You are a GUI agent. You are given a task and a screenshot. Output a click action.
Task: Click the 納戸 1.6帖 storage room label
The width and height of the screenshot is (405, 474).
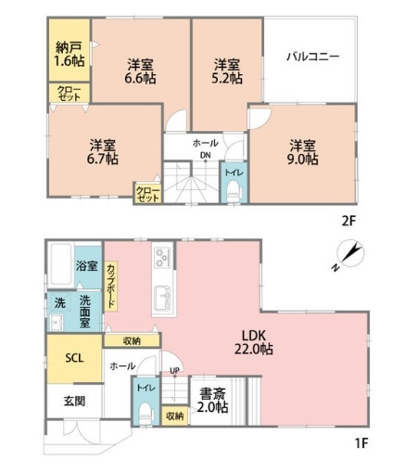coord(70,54)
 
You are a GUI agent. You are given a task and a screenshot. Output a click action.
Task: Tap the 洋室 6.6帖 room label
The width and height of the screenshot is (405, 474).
coord(140,71)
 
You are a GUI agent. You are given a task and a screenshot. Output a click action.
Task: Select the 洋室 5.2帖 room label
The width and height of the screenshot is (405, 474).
coord(226,71)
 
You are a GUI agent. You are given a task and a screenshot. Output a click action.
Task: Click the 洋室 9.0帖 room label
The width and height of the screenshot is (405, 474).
coord(303,152)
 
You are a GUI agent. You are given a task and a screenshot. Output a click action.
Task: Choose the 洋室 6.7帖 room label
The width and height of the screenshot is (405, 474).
coord(103,152)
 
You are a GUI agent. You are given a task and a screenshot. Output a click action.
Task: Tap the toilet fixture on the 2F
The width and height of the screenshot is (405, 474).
coord(234,191)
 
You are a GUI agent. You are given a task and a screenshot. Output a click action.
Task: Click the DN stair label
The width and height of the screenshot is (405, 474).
coord(206,155)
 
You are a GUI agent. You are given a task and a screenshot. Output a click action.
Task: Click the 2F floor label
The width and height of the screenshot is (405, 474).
coord(349,222)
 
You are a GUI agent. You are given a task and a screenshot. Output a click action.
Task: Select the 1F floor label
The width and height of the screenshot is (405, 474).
coord(361,443)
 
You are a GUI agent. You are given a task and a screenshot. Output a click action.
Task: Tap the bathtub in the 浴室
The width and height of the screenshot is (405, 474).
coord(60,264)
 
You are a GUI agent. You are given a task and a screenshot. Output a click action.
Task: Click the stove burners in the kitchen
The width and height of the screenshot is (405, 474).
coord(162,258)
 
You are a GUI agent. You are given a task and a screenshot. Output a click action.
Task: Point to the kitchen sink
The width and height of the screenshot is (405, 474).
coord(164,298)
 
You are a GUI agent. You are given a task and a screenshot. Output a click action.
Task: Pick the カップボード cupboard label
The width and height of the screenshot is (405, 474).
coord(111,286)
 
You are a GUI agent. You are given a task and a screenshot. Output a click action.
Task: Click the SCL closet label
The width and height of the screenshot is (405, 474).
coord(74,358)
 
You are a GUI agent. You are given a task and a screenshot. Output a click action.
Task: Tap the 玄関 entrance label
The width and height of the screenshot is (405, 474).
coord(74,402)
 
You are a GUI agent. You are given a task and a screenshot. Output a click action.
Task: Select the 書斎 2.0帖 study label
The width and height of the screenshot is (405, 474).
coord(213,401)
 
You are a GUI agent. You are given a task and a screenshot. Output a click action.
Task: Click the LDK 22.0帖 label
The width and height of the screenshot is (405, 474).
coord(254,342)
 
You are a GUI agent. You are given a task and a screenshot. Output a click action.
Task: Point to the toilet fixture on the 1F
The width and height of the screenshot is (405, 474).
coord(146,414)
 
